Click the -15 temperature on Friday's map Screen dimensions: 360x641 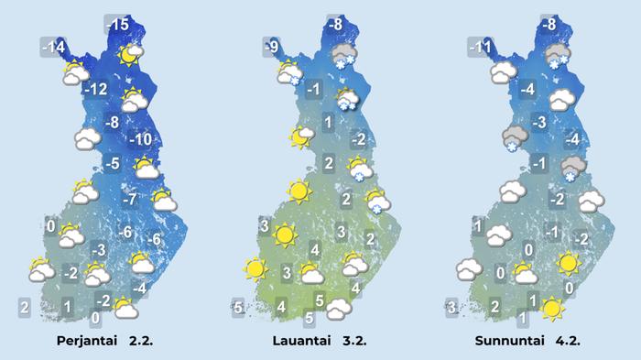point(117,25)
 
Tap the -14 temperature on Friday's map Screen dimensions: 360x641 point(53,46)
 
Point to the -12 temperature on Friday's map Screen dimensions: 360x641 point(95,90)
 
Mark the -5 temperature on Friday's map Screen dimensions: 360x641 point(112,164)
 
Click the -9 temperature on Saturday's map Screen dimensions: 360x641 point(270,46)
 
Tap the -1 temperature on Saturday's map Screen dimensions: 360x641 point(313,90)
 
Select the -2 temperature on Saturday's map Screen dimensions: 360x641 point(358,139)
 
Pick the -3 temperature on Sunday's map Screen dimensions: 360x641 point(539,123)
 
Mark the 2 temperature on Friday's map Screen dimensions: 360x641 point(25,306)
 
